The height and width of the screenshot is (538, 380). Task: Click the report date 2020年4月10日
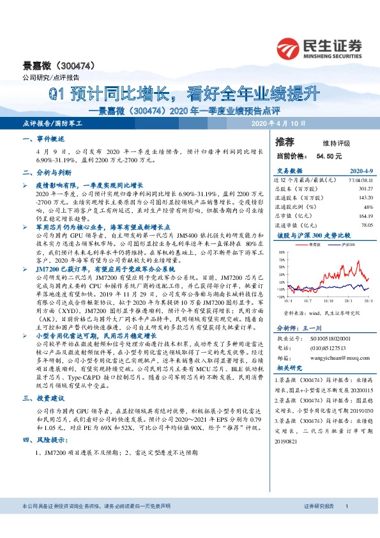tap(279, 123)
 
